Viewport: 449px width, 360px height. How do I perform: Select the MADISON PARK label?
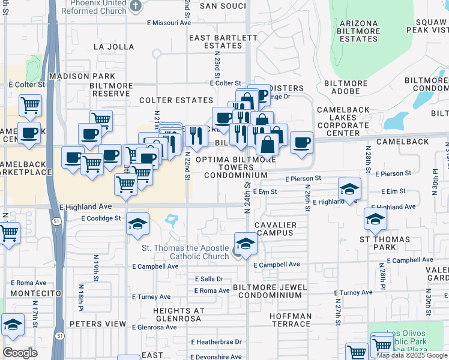(82, 76)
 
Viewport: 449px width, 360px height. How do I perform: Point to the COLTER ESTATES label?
(176, 100)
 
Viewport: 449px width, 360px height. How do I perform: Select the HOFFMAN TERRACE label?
(291, 320)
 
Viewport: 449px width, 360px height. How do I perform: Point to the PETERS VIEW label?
(98, 323)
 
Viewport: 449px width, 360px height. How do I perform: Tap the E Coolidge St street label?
(101, 218)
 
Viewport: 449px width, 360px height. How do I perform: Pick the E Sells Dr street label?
(208, 279)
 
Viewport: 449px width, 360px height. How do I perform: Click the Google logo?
(20, 353)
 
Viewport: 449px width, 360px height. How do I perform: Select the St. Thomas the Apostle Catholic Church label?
(185, 252)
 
